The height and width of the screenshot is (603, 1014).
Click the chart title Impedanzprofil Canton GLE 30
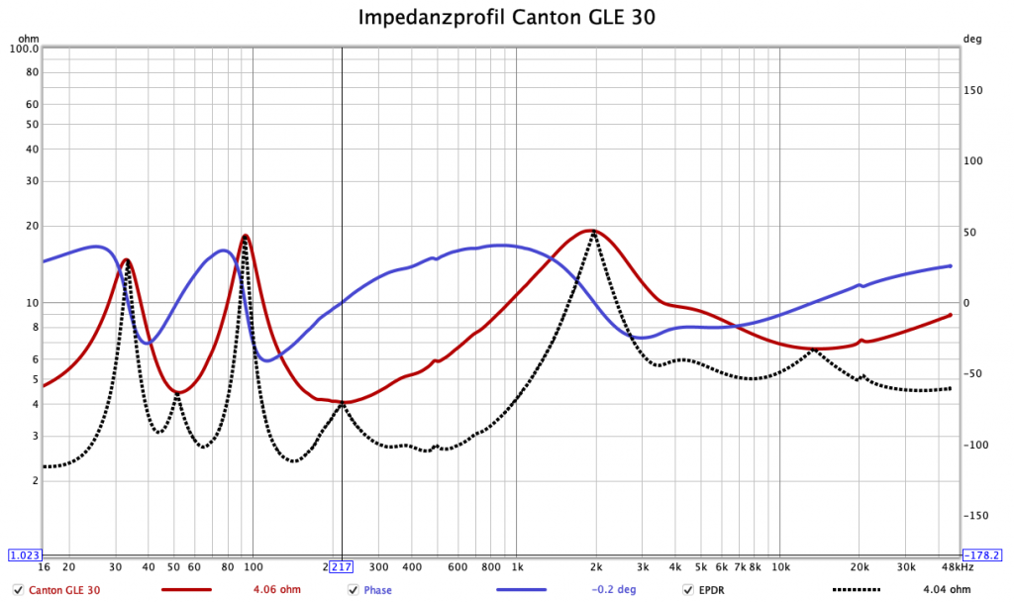click(x=506, y=18)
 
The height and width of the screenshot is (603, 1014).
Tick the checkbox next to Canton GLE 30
click(x=18, y=590)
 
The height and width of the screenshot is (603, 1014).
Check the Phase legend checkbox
click(x=353, y=590)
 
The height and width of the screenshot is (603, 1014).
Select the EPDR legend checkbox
click(x=688, y=590)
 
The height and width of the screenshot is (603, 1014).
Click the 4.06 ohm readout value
click(x=277, y=590)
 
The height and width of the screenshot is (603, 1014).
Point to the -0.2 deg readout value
click(x=613, y=590)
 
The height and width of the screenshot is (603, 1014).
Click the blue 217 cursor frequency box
click(x=341, y=566)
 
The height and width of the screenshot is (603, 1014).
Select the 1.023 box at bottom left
click(x=24, y=555)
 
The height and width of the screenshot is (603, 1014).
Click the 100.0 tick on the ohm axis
click(x=24, y=49)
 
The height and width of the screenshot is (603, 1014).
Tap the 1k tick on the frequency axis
click(x=517, y=567)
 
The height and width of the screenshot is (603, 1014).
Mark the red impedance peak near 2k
click(x=591, y=230)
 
